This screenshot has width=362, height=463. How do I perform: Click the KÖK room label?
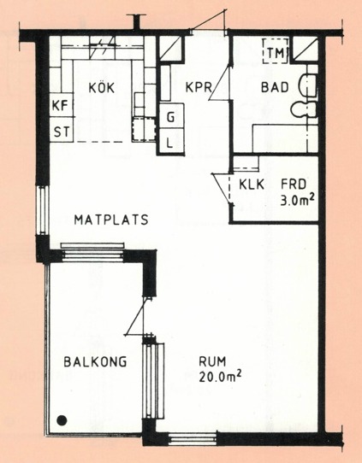[102, 88]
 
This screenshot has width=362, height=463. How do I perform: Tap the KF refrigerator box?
[62, 105]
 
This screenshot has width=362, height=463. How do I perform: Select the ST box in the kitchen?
[62, 130]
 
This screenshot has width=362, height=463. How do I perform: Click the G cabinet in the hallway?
[171, 116]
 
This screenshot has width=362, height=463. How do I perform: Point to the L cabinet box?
[171, 141]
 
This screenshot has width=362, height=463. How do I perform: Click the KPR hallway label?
[199, 87]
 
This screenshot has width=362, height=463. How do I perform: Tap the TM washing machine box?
[276, 50]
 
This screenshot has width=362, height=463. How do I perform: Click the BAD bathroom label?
[275, 87]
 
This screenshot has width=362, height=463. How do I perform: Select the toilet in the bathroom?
[304, 109]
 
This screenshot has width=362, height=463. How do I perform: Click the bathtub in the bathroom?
[285, 138]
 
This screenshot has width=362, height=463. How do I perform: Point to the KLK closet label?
[252, 185]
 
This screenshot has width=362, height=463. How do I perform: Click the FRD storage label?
[294, 185]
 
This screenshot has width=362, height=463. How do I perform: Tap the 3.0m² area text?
[297, 201]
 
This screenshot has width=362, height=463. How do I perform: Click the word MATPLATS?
[111, 220]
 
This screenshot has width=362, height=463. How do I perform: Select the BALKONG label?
[95, 361]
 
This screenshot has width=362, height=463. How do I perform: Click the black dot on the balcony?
[62, 420]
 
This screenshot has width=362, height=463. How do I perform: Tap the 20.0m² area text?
[220, 377]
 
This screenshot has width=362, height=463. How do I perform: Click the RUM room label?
[212, 361]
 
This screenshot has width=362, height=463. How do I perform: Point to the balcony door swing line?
[135, 316]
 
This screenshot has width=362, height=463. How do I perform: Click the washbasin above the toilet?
[307, 85]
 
